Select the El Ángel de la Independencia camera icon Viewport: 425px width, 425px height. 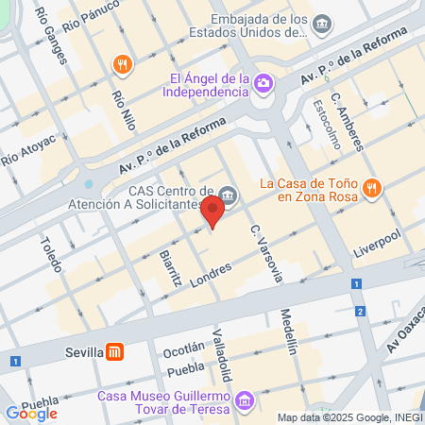click(264, 85)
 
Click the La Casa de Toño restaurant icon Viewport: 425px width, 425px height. click(373, 187)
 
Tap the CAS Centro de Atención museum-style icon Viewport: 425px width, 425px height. click(231, 195)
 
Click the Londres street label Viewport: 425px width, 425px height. click(212, 273)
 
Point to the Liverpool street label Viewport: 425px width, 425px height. click(377, 241)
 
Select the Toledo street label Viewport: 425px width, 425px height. click(49, 254)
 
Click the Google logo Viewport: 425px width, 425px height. click(31, 413)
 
